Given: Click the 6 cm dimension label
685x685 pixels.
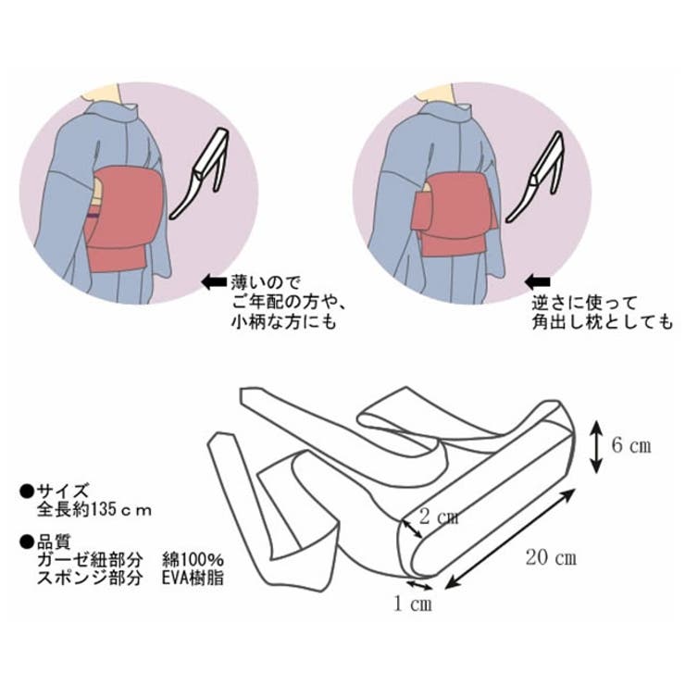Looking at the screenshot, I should click(x=631, y=446).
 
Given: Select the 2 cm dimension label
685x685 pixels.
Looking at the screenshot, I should click(x=439, y=517).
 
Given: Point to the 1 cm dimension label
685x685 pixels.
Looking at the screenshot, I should click(x=411, y=604).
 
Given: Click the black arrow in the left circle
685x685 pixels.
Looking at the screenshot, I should click(x=214, y=279).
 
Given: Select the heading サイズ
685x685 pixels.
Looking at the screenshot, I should click(x=63, y=492).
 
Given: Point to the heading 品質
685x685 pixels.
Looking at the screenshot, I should click(x=57, y=542).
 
